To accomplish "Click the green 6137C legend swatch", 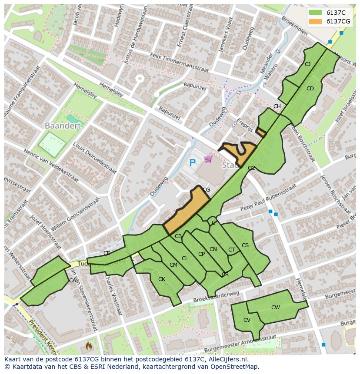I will coord(316,13).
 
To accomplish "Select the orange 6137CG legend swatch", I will coord(316,21).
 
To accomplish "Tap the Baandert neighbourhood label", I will coord(63,126).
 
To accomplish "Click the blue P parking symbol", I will coord(193,163).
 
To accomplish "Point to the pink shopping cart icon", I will coord(208,159).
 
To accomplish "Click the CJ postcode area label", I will coord(307,64).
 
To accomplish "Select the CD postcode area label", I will coord(310,89).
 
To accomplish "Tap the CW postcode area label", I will coord(275,308).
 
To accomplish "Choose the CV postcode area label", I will coord(247,320).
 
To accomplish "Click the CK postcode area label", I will coord(162,279).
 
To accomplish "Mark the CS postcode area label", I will coord(245,245).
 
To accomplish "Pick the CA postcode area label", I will coord(72,281).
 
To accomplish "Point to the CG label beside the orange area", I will coord(207,190).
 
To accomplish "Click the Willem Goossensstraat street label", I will coord(75,214).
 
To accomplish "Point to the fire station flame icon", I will coord(89,346).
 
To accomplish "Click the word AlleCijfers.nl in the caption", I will coord(226,359).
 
